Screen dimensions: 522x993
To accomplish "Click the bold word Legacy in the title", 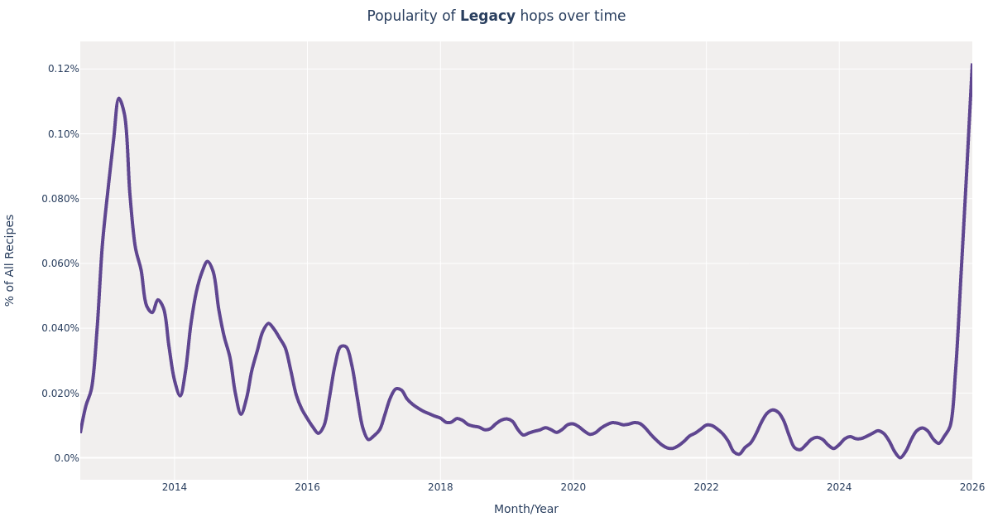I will coord(487,17).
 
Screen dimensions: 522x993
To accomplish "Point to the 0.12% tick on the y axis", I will coord(64,69).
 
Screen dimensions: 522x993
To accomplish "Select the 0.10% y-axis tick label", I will coord(64,134).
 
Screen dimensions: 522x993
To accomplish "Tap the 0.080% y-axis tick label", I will coord(60,199).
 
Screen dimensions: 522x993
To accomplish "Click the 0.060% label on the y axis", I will coord(60,263).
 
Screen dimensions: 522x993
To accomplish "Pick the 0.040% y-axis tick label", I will coord(60,328).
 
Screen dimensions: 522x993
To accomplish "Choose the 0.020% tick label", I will coord(60,394).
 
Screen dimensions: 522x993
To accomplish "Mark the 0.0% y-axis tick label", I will coord(67,458).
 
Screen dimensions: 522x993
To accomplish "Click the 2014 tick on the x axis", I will coord(175,487).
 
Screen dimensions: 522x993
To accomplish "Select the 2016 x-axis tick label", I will coord(307,487).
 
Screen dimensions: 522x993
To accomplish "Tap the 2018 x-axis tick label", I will coord(440,487).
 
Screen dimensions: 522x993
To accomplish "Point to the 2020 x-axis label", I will coord(573,487).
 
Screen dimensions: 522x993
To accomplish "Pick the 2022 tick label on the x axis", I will coord(706,487).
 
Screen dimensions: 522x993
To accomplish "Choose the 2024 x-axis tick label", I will coord(839,487).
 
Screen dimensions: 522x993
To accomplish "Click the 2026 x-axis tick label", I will coord(971,487).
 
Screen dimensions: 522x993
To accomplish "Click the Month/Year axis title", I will coord(526,510).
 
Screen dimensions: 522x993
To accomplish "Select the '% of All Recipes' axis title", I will coord(11,260).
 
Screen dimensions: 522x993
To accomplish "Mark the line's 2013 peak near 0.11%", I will coord(118,99).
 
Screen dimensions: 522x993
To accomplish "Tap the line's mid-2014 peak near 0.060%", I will coord(207,262).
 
